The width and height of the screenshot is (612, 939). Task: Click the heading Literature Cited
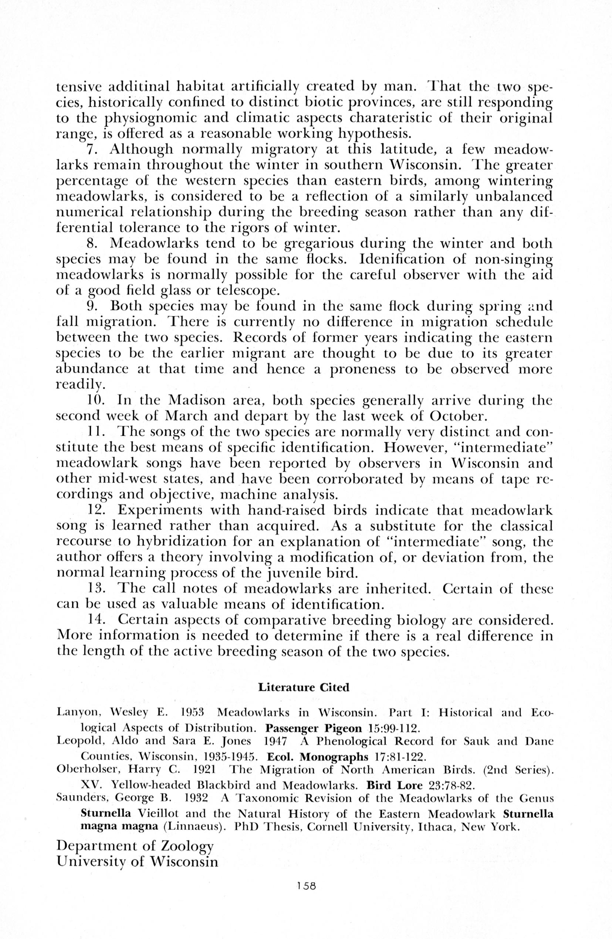304,688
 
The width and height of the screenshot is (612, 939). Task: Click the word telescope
248,291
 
